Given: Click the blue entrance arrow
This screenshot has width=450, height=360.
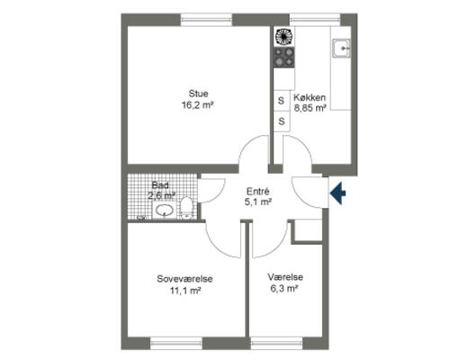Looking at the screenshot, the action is [338, 193].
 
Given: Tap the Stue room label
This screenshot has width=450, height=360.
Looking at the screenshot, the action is [198, 94].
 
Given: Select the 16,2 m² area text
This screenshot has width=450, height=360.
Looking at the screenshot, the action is [197, 105].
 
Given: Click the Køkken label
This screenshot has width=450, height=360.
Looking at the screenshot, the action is [310, 97].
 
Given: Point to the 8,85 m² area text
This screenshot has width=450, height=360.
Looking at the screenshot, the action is [310, 108].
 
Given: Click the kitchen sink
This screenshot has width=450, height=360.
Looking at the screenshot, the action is [341, 48].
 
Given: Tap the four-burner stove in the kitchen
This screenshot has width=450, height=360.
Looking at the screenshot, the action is [283, 57].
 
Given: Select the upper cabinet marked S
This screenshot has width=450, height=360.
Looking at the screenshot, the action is [282, 101].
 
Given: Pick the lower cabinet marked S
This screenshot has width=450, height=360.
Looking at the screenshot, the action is [282, 121].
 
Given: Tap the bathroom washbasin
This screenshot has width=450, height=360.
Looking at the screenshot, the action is [164, 210].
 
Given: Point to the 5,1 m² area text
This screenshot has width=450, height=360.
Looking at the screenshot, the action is [258, 202].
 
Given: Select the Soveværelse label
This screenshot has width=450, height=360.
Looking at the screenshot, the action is [184, 279].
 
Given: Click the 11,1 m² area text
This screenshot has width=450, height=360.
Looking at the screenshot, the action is [185, 291].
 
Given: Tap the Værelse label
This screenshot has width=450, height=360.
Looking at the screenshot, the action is [285, 277].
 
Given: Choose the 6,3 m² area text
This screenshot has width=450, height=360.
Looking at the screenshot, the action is [284, 289].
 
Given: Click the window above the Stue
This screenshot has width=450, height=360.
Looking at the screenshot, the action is [206, 20].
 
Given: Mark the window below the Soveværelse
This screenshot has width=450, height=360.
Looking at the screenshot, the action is [176, 343].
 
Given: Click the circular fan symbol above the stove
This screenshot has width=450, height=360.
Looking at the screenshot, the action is [283, 36].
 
